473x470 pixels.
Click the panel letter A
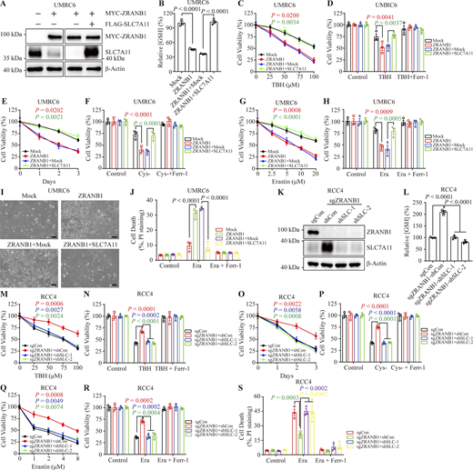pos(5,6)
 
